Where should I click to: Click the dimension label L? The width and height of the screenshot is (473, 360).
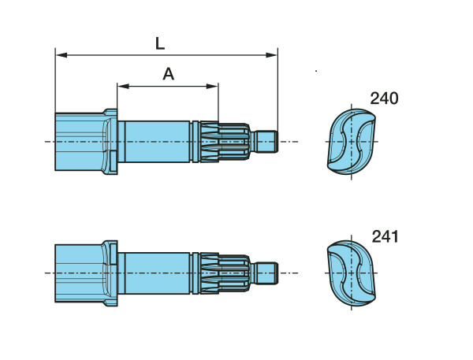(x=160, y=43)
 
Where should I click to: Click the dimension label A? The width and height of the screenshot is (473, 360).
(x=168, y=75)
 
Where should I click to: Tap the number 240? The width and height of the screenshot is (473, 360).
(x=384, y=98)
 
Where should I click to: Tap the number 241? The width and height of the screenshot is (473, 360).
(x=384, y=236)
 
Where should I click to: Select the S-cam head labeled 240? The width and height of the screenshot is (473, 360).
(x=352, y=143)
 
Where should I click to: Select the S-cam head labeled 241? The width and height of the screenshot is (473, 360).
(x=352, y=273)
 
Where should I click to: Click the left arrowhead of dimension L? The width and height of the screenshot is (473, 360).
(x=60, y=55)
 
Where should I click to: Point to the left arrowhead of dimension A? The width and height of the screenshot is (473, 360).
(x=121, y=85)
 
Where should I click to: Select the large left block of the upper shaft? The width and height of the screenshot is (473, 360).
(x=79, y=142)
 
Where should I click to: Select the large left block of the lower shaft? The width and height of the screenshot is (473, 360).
(x=79, y=273)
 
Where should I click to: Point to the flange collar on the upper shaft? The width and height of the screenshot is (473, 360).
(x=112, y=142)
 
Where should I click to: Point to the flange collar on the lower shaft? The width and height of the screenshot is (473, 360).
(x=112, y=273)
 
